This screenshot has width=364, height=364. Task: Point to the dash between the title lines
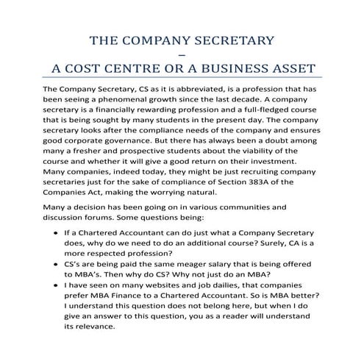(182, 54)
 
